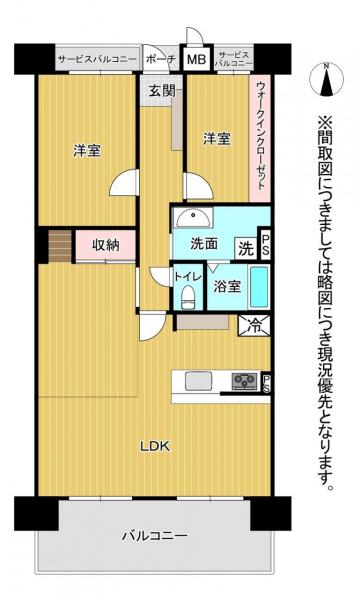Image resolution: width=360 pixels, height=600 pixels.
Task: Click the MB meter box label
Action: pos(196,59)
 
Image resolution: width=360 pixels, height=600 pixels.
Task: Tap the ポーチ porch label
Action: pos(161,59)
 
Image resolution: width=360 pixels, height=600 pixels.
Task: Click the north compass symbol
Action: pos(326,79)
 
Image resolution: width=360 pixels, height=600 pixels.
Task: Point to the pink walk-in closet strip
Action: pos(260,138)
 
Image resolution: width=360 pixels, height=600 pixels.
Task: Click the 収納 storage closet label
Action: pos(106,245)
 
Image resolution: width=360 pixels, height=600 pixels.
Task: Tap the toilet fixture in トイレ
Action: pos(187,297)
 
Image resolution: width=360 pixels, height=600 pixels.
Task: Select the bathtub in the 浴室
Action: pos(259,287)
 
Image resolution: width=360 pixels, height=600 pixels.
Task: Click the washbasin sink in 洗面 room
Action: pos(194,219)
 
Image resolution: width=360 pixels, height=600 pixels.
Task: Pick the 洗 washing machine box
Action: pos(246,249)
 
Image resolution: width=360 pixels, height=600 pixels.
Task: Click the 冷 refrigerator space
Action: pos(254,326)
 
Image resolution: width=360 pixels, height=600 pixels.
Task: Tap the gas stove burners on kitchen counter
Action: pos(244,380)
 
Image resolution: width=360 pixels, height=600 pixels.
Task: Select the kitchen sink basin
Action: pos(199,381)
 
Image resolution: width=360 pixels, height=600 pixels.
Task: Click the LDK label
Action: pos(155,446)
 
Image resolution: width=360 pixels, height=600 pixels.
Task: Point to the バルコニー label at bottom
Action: pos(155,535)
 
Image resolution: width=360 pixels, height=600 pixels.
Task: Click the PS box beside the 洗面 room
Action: pos(265,244)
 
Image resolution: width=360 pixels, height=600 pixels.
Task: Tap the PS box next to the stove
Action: pos(266,383)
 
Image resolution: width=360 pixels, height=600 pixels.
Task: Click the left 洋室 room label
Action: pos(88,150)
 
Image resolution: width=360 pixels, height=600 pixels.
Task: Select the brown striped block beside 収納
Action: pos(60,246)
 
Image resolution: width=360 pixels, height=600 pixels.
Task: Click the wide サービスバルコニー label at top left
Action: pos(97,59)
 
